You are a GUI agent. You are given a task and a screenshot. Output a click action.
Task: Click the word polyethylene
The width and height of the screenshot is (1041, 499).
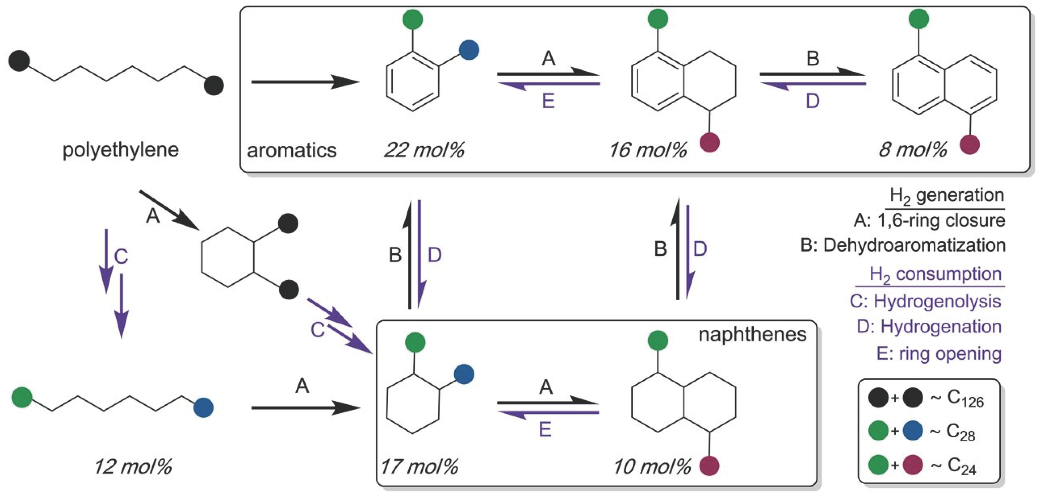coord(120,150)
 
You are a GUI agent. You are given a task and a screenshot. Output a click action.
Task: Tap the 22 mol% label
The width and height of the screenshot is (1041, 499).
coord(424,150)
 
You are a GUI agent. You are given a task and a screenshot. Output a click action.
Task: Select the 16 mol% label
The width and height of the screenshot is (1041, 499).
coord(648,150)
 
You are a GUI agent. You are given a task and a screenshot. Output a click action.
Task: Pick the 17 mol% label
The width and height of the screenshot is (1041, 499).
coord(419,467)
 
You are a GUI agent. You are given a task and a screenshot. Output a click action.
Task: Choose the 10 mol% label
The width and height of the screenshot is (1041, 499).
coord(652,467)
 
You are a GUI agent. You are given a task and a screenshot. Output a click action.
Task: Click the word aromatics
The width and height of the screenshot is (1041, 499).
coord(292,150)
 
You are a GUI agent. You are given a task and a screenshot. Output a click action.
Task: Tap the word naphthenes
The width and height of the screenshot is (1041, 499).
coord(752,334)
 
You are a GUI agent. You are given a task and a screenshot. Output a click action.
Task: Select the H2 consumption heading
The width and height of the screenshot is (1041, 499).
coord(935,275)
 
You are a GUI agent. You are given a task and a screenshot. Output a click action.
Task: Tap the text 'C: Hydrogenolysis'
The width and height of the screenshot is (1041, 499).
coord(925,301)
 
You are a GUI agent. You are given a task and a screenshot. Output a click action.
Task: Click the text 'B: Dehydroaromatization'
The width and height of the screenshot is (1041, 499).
coord(903,245)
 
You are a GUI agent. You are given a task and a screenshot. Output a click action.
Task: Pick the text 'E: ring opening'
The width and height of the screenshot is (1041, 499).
coord(938,354)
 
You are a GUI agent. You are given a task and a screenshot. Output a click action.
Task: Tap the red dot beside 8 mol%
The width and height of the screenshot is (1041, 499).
coord(970,144)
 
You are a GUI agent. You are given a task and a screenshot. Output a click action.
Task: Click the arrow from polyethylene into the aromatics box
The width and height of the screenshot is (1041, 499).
coord(305,82)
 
